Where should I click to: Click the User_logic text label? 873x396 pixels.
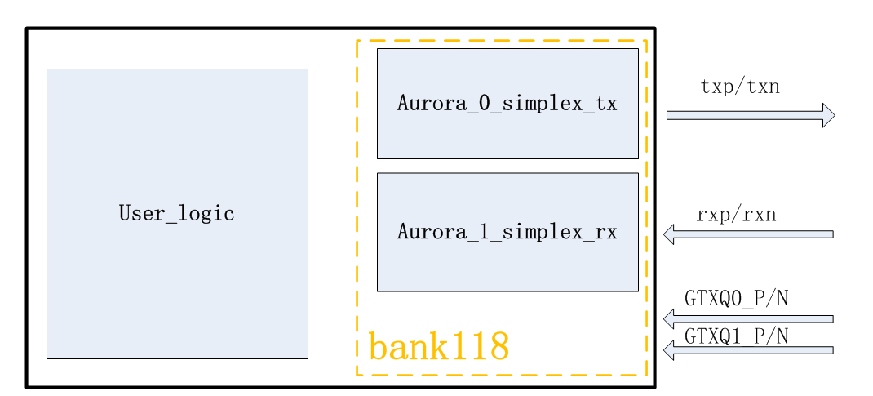(x=177, y=214)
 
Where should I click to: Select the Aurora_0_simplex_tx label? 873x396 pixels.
(x=507, y=104)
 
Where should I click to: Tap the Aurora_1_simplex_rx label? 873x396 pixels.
(x=507, y=232)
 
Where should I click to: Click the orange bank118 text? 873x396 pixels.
(x=439, y=346)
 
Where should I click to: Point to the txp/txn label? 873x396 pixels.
(x=740, y=87)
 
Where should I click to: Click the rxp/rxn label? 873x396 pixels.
(x=736, y=216)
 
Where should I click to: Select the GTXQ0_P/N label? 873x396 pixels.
(x=736, y=299)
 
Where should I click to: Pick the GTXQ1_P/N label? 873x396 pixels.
(x=736, y=336)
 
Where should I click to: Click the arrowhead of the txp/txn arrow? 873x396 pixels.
(x=828, y=115)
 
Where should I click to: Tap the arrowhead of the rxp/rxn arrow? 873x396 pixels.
(x=669, y=234)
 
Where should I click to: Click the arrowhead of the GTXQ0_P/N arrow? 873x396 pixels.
(x=669, y=318)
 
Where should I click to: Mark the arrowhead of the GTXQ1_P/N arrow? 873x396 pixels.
(x=669, y=350)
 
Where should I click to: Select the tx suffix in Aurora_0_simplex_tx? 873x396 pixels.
(x=606, y=104)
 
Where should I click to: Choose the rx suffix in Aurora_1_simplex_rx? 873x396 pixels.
(x=606, y=232)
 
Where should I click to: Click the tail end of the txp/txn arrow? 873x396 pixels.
(x=670, y=115)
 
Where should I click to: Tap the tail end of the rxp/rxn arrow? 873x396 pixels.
(x=830, y=234)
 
